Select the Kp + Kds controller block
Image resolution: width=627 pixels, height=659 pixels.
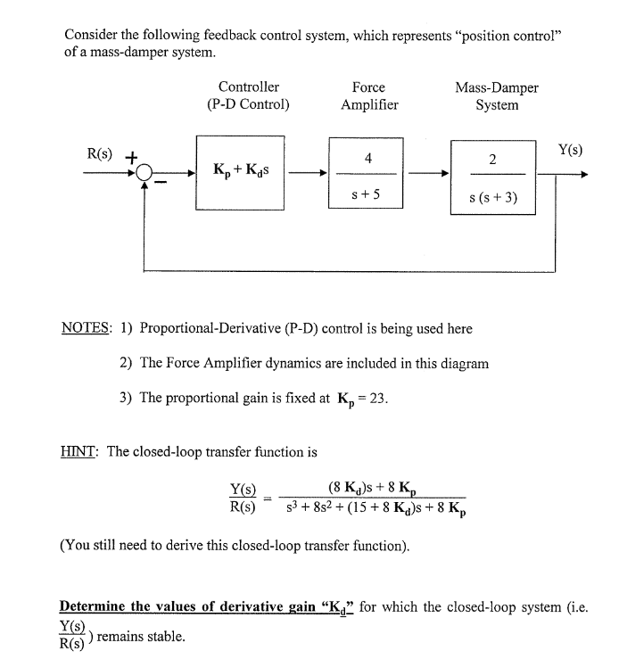tap(240, 172)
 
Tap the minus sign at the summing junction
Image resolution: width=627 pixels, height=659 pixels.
tap(161, 183)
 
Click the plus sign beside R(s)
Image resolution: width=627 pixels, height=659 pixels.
tap(130, 157)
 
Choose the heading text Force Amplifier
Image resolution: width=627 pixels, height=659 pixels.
tap(368, 96)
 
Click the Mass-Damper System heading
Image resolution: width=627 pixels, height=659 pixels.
tap(497, 96)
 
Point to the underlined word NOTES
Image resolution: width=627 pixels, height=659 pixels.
tap(85, 328)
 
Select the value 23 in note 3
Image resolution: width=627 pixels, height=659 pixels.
tap(378, 398)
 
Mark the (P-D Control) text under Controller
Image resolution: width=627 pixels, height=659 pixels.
tap(248, 104)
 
